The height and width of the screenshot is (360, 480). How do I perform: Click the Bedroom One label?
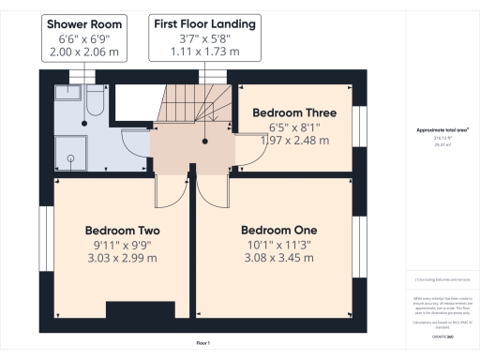click(x=278, y=231)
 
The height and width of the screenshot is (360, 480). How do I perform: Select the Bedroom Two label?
click(x=122, y=231)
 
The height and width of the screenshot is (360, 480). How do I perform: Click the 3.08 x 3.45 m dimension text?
click(x=278, y=258)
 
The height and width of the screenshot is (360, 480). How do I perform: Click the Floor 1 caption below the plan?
click(x=202, y=343)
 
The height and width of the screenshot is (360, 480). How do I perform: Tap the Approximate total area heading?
click(x=442, y=129)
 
